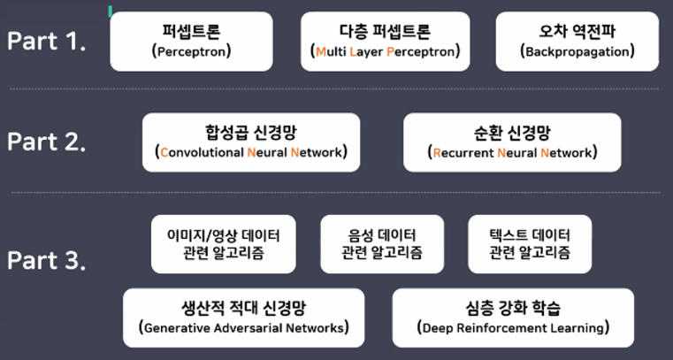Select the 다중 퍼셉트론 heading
(385, 32)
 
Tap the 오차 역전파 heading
(577, 32)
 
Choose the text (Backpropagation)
(577, 51)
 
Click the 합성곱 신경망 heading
(251, 133)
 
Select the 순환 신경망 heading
(512, 133)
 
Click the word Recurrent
(463, 152)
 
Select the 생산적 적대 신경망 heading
(243, 309)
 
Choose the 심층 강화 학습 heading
(513, 309)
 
